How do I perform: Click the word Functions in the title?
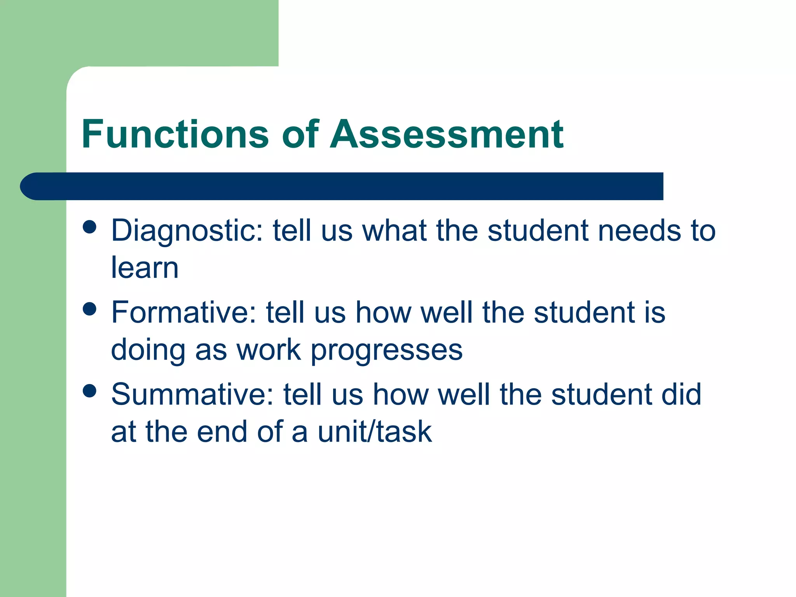point(175,134)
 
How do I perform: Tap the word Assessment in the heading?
point(447,134)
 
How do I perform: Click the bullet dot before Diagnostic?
point(90,227)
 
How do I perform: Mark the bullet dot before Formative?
point(90,309)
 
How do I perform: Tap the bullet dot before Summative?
point(90,391)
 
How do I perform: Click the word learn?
point(145,268)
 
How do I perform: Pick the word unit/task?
point(375,432)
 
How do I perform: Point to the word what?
point(395,231)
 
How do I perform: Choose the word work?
point(269,350)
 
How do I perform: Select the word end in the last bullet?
point(222,432)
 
